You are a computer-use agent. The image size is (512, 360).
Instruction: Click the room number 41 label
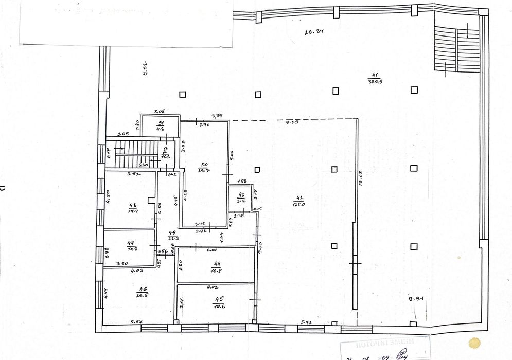tap(374, 74)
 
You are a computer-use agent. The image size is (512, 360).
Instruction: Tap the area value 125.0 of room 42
tap(298, 204)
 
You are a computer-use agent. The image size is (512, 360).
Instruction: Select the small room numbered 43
tap(239, 196)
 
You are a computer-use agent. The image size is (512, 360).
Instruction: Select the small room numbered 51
tap(161, 123)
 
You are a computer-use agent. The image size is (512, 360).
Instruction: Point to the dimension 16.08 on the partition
tap(361, 178)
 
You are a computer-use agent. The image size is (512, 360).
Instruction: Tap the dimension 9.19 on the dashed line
tap(292, 122)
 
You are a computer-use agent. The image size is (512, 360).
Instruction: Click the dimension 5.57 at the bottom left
tap(136, 322)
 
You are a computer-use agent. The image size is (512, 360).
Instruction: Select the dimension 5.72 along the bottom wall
tap(307, 322)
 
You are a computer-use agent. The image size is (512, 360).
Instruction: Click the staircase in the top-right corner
tap(456, 50)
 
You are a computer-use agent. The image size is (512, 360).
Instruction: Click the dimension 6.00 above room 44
tap(211, 250)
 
